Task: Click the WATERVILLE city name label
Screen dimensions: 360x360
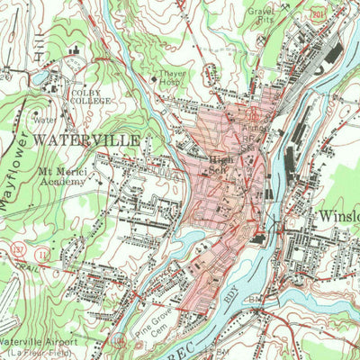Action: pos(86,141)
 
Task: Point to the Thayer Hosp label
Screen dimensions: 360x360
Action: pos(173,77)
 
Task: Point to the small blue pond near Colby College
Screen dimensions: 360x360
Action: pos(41,79)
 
